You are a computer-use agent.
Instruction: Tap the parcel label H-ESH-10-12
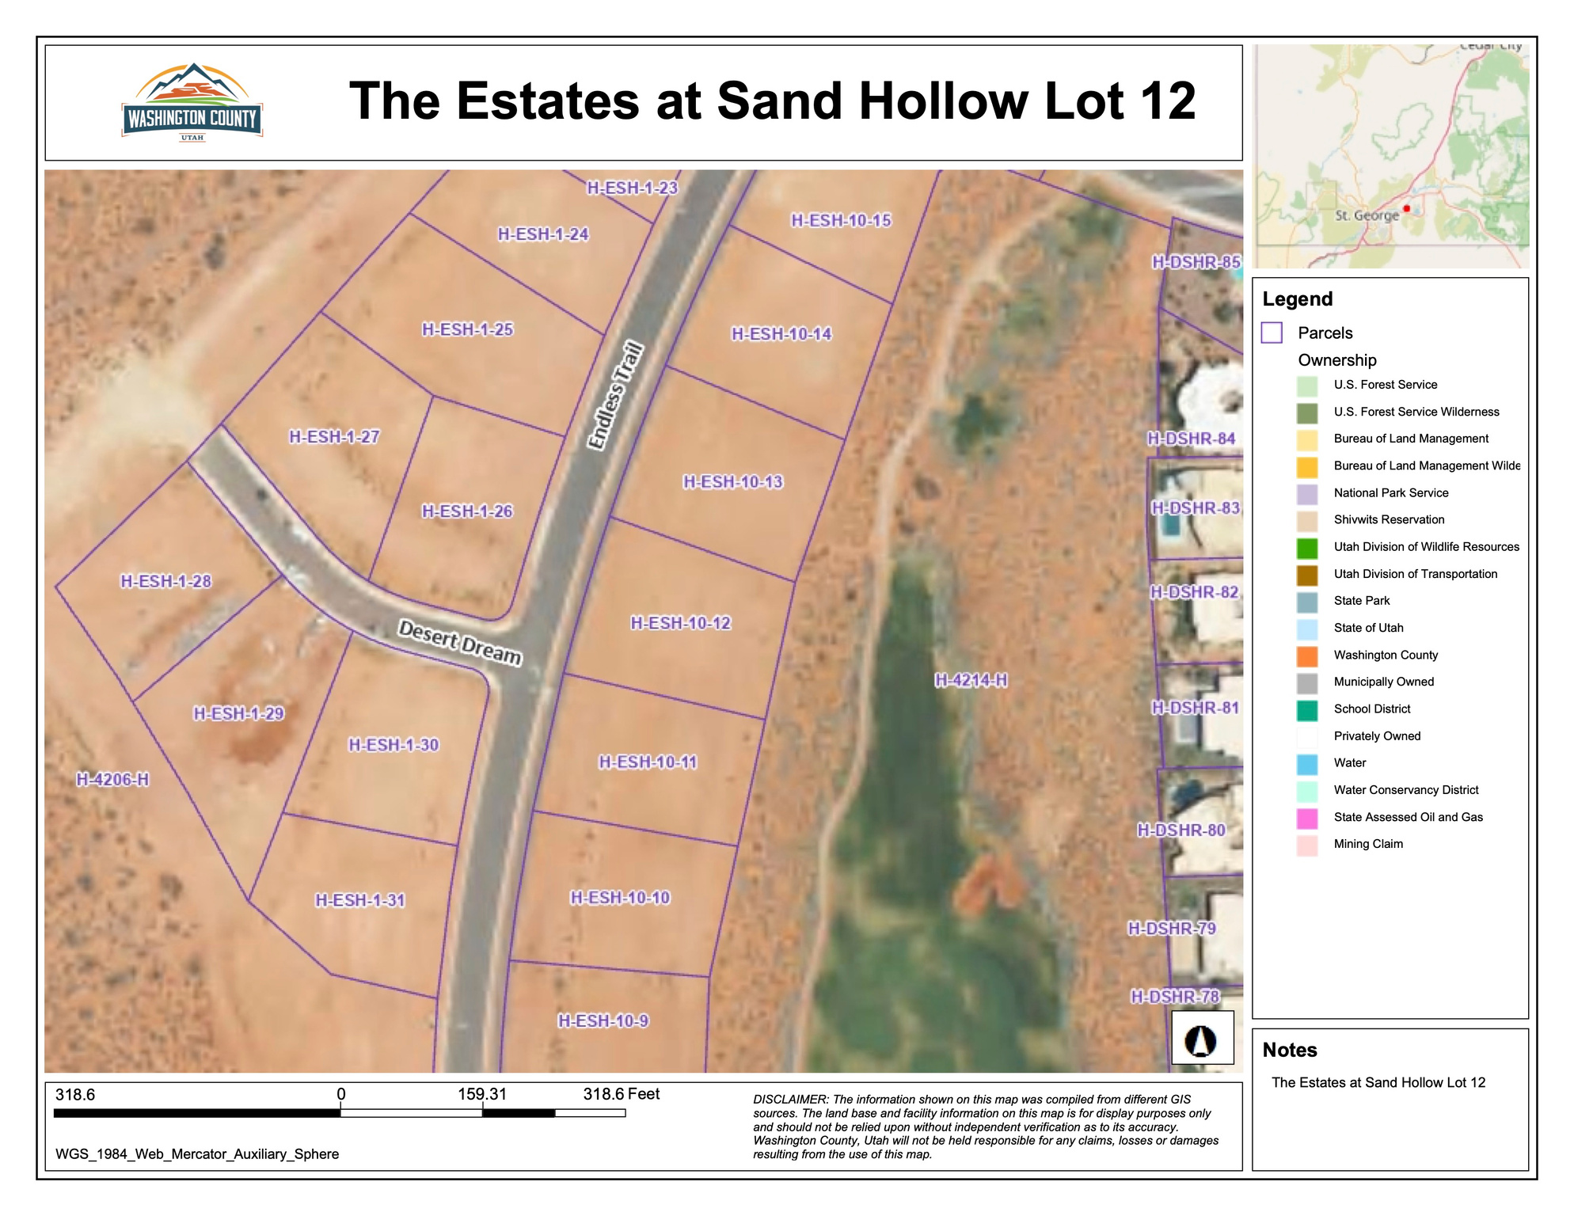point(680,623)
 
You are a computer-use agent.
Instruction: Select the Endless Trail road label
point(615,396)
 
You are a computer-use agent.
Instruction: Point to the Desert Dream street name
point(460,642)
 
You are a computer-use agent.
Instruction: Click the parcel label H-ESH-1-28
point(165,581)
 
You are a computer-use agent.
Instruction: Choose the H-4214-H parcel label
point(971,680)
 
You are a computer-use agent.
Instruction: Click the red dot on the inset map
point(1407,209)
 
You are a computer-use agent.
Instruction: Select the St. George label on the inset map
point(1367,215)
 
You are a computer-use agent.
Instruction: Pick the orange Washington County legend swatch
point(1307,655)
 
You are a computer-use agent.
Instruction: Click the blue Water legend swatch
point(1307,764)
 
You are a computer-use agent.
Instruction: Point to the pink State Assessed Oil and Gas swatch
point(1307,818)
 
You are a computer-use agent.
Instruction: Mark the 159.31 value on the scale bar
point(481,1094)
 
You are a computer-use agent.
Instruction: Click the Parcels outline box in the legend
point(1272,332)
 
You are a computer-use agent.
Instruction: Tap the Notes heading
point(1290,1050)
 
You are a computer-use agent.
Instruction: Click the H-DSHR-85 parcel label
point(1196,262)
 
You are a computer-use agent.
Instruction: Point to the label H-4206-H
point(112,779)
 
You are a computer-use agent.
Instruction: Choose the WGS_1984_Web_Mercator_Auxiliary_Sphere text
point(197,1154)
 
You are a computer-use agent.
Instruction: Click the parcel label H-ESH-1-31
point(360,900)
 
